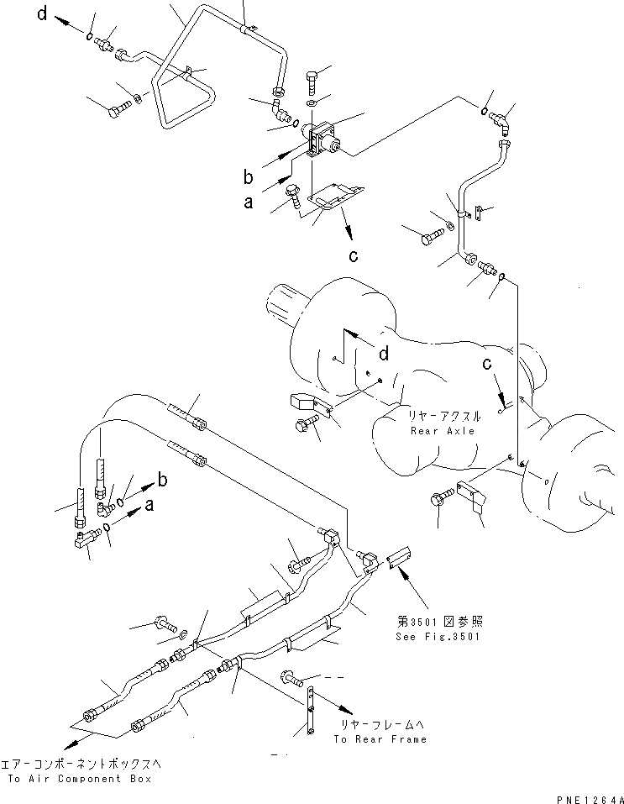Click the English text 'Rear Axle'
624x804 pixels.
[x=443, y=431]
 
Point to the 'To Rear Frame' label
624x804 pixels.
[x=380, y=739]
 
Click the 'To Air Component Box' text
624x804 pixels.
[x=80, y=780]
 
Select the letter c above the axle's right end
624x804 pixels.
[x=486, y=364]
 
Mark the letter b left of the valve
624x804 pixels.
[x=249, y=176]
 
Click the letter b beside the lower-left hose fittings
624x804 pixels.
[x=162, y=480]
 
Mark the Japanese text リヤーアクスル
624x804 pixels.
[x=443, y=416]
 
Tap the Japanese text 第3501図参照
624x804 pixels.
[x=440, y=622]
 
